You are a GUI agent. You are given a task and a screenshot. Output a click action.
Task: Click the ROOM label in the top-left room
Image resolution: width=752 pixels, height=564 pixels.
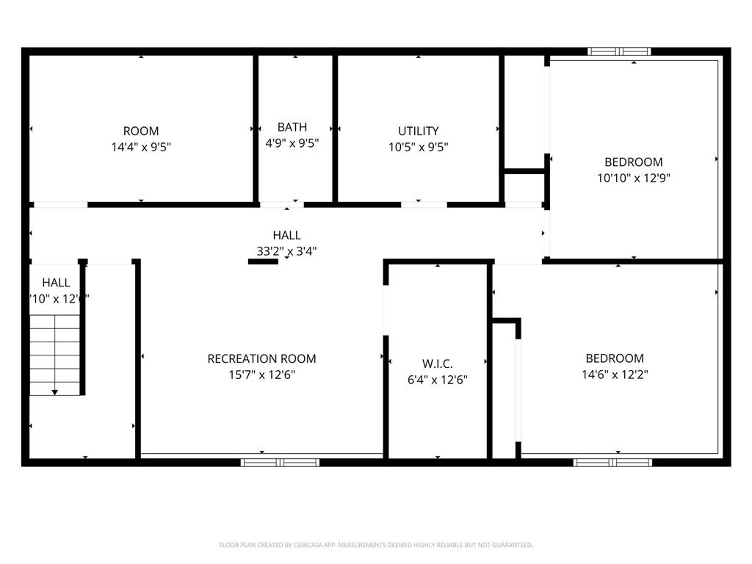pyautogui.click(x=141, y=131)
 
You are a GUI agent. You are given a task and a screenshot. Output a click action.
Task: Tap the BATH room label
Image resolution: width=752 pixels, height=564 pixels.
pyautogui.click(x=292, y=127)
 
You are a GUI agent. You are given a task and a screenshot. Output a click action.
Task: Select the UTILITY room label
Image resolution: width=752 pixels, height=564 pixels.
pyautogui.click(x=419, y=131)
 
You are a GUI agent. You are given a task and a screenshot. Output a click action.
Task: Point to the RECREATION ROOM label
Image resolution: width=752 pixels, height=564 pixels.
pyautogui.click(x=262, y=359)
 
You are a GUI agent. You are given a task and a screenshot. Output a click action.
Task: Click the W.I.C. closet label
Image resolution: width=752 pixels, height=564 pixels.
pyautogui.click(x=438, y=364)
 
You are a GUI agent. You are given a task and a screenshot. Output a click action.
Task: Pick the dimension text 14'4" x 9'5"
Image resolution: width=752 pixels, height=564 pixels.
pyautogui.click(x=141, y=147)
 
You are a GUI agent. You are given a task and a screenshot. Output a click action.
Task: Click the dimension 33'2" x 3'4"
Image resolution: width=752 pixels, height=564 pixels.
pyautogui.click(x=286, y=251)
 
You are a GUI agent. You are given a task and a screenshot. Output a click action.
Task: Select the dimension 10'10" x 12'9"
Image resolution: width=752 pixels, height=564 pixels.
pyautogui.click(x=634, y=178)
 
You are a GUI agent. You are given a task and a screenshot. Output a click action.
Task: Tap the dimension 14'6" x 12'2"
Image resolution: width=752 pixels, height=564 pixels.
pyautogui.click(x=615, y=375)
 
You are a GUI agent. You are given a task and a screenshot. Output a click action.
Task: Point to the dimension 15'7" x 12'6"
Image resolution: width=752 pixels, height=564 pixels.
pyautogui.click(x=262, y=375)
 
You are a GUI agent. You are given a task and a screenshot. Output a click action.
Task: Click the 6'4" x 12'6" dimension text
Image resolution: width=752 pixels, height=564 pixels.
pyautogui.click(x=438, y=380)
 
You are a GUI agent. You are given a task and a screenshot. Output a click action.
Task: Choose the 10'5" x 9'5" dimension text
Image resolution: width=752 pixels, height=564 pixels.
pyautogui.click(x=419, y=147)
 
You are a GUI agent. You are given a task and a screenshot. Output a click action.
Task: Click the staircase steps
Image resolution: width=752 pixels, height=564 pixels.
pyautogui.click(x=54, y=352)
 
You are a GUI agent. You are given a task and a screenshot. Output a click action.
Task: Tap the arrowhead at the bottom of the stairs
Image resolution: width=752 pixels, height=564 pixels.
pyautogui.click(x=54, y=393)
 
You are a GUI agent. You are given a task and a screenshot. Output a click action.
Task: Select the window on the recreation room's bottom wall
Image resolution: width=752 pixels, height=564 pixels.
pyautogui.click(x=281, y=463)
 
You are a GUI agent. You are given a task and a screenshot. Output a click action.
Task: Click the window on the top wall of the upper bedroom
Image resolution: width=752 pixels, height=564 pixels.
pyautogui.click(x=620, y=51)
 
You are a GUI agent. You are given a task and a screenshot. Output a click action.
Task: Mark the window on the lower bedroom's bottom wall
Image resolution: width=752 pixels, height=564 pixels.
pyautogui.click(x=612, y=463)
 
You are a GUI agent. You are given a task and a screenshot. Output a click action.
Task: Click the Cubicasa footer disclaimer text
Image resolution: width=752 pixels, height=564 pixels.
pyautogui.click(x=376, y=545)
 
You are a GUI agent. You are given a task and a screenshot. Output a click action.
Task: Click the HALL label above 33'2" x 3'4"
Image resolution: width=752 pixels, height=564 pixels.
pyautogui.click(x=286, y=236)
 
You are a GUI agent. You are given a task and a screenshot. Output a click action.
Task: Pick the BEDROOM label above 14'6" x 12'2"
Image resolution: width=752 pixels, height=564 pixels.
pyautogui.click(x=615, y=359)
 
